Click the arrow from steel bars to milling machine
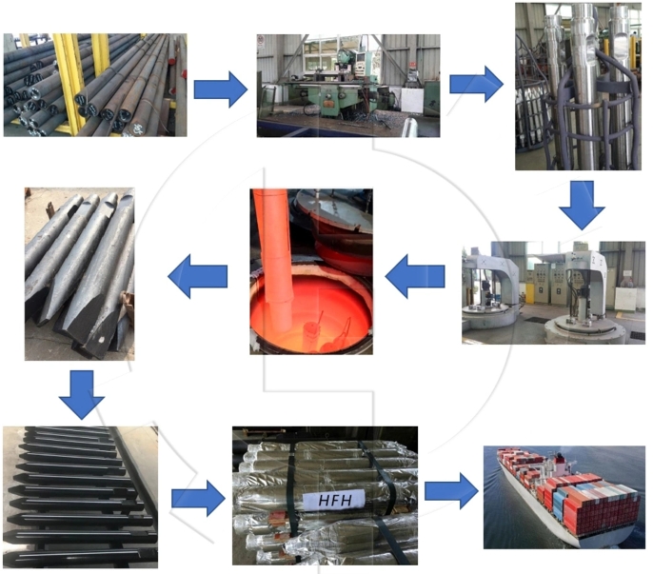[x=220, y=89]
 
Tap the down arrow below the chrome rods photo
[x=580, y=205]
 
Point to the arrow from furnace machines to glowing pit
[x=415, y=276]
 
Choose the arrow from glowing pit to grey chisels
[x=198, y=277]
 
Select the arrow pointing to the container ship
[x=450, y=490]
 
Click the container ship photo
[x=563, y=496]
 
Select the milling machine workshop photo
[x=348, y=85]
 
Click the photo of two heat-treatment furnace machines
[x=553, y=291]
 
